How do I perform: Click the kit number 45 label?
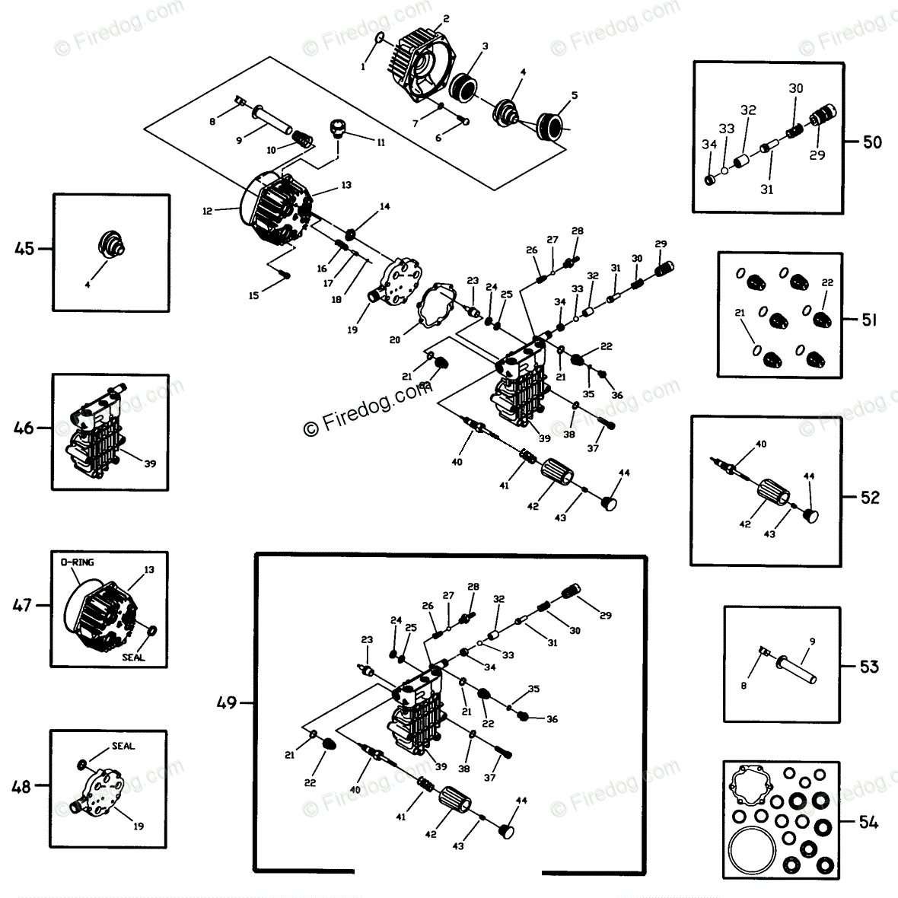tap(24, 248)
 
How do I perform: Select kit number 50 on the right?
tap(871, 142)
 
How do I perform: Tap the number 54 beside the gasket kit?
tap(868, 822)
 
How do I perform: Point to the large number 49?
tap(227, 702)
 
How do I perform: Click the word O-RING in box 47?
tap(76, 563)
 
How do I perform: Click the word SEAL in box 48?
tap(123, 746)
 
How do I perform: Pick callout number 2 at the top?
tap(445, 18)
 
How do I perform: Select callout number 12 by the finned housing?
tap(207, 211)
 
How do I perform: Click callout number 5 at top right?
tap(575, 96)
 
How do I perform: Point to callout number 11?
tap(380, 142)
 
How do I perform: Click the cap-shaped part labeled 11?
tap(339, 128)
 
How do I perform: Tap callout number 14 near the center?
tap(384, 206)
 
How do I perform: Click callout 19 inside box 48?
tap(138, 825)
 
